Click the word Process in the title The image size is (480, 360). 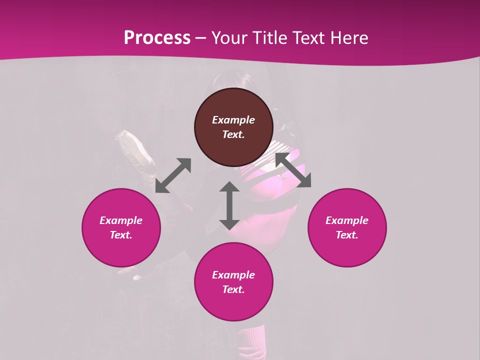157,38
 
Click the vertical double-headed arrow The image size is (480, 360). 229,205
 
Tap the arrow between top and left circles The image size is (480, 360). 173,175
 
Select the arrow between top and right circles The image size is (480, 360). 293,170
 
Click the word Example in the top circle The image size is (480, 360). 233,120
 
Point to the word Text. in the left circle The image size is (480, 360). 121,235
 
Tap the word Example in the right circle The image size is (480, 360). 347,220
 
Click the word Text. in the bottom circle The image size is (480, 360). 233,289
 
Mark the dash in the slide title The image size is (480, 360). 201,38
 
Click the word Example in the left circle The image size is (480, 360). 121,220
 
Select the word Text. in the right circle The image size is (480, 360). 347,235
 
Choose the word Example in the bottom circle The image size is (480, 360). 233,275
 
